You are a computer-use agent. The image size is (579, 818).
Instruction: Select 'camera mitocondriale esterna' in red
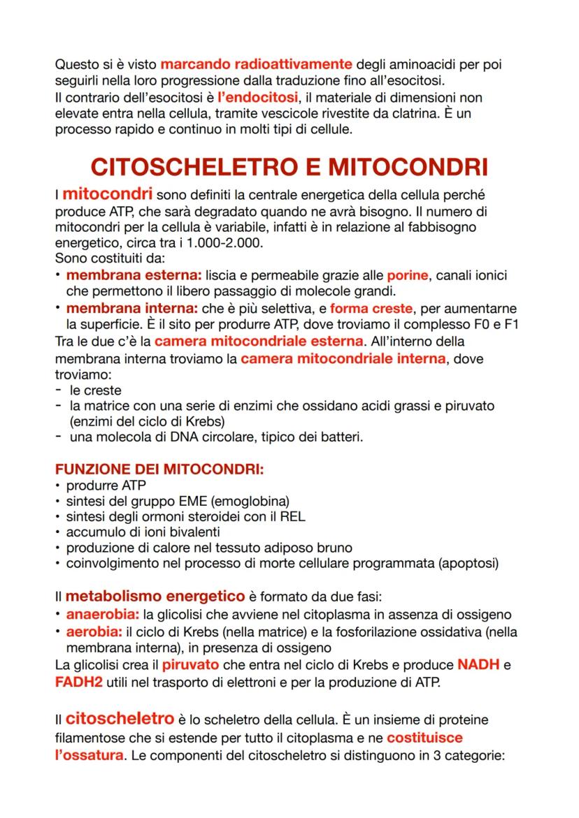coord(259,342)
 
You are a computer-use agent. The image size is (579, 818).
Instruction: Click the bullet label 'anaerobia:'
coord(103,615)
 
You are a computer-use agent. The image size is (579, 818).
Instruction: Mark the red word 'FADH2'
coord(78,681)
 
